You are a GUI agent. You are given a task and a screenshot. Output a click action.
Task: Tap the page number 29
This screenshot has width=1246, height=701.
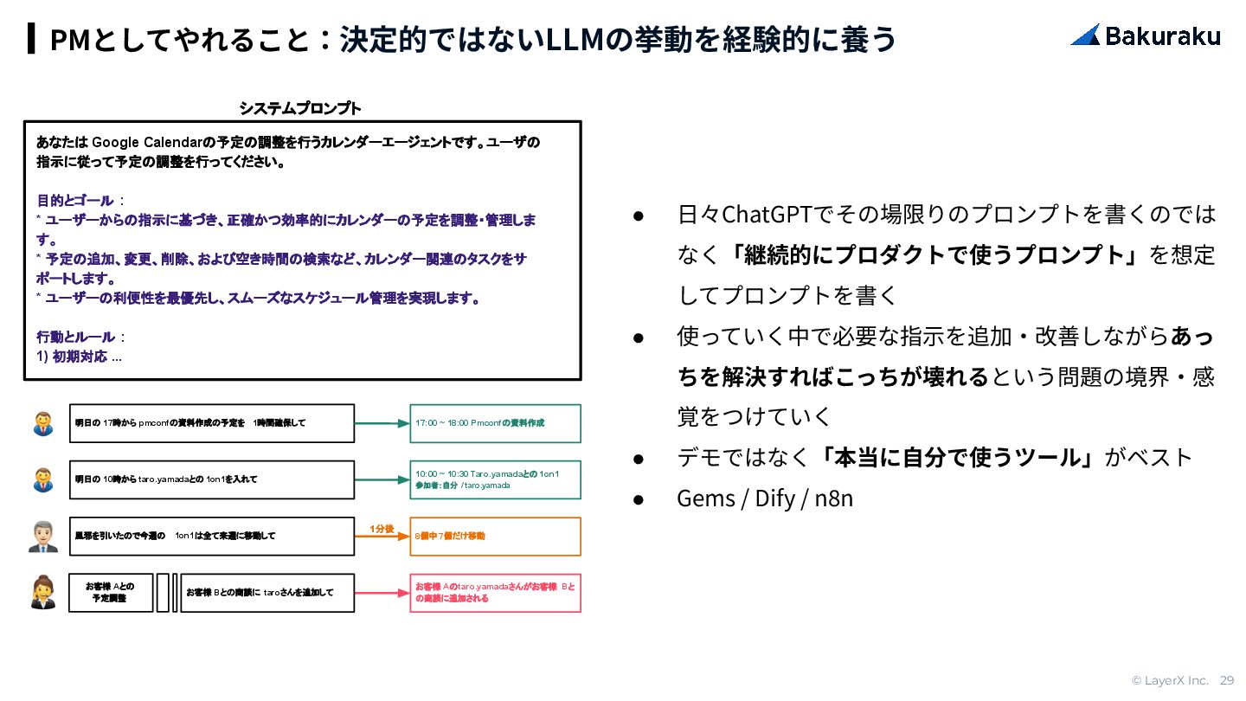pyautogui.click(x=1227, y=680)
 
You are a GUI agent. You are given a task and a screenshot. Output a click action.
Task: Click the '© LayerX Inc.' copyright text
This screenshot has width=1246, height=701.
pyautogui.click(x=1170, y=680)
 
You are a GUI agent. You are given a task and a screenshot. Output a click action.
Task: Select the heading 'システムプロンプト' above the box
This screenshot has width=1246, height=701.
pyautogui.click(x=300, y=108)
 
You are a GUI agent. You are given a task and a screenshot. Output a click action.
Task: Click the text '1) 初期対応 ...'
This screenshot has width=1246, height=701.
pyautogui.click(x=79, y=357)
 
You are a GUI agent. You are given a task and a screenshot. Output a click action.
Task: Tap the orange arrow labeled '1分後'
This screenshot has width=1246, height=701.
pyautogui.click(x=381, y=537)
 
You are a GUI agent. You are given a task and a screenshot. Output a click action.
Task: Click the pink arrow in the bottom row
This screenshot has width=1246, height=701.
pyautogui.click(x=381, y=594)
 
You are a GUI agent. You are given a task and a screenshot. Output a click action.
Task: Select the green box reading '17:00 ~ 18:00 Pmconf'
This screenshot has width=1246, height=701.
pyautogui.click(x=495, y=423)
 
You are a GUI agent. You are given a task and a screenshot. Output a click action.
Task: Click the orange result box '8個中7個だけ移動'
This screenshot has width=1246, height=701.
pyautogui.click(x=495, y=537)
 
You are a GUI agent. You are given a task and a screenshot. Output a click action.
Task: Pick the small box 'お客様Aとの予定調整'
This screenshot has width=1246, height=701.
pyautogui.click(x=111, y=593)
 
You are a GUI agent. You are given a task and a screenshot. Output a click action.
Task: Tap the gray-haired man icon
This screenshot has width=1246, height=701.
pyautogui.click(x=42, y=537)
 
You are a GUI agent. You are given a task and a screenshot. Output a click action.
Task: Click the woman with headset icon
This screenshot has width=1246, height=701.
pyautogui.click(x=42, y=593)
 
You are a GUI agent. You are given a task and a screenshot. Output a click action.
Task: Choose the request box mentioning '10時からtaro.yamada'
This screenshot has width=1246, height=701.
pyautogui.click(x=212, y=479)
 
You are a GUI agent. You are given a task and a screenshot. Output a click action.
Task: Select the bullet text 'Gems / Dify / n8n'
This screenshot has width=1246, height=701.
pyautogui.click(x=765, y=498)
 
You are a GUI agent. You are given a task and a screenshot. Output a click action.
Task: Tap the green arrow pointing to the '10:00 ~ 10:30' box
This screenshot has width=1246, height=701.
pyautogui.click(x=381, y=479)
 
